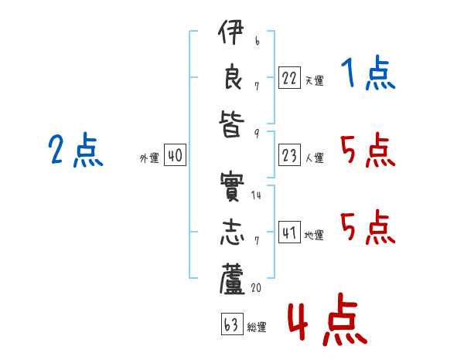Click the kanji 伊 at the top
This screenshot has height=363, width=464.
pos(230,32)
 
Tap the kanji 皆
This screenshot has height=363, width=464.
pos(232,124)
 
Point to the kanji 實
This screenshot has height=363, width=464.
pos(232,186)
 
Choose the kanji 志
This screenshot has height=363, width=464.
pos(232,232)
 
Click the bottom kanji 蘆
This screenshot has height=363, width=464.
pos(232,280)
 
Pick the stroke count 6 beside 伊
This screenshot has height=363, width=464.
pos(258,41)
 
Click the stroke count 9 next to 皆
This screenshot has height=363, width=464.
pos(257,134)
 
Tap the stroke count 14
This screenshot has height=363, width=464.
pos(256,195)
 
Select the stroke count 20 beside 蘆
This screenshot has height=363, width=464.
pos(256,287)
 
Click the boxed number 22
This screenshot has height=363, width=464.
pos(289,77)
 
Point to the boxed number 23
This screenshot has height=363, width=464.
pos(289,155)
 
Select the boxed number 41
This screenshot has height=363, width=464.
pos(289,232)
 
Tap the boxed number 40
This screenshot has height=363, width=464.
pos(175,155)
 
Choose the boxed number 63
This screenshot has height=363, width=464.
pos(232,324)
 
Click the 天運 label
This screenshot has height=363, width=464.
pos(315,80)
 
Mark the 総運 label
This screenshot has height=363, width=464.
pos(257,327)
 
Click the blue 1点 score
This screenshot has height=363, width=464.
pos(368,73)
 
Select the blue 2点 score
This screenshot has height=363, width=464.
pos(76,150)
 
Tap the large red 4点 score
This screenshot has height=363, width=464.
pos(327,319)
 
